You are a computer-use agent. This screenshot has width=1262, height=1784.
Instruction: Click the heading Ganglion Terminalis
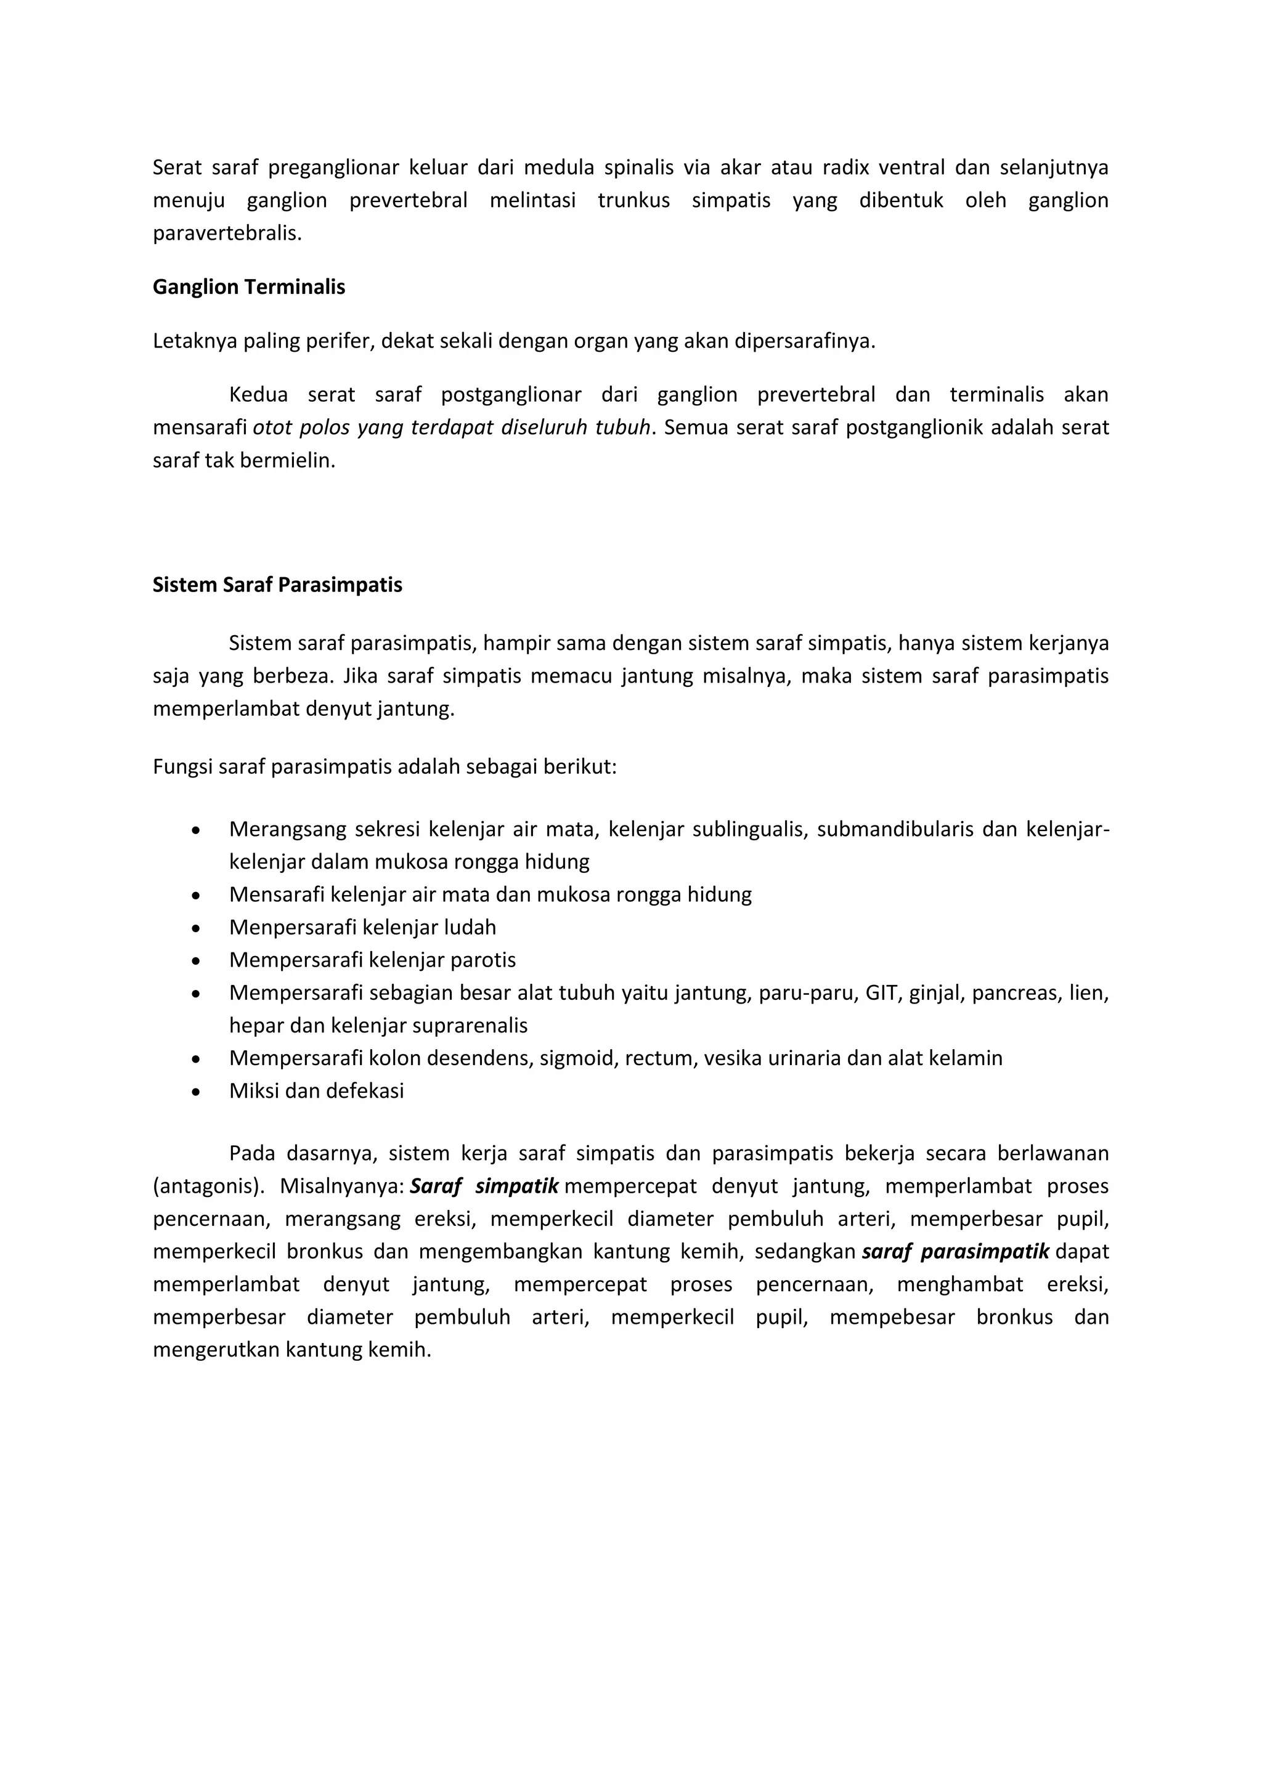click(x=249, y=288)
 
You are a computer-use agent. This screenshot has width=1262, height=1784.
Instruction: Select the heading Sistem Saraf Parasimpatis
click(x=277, y=585)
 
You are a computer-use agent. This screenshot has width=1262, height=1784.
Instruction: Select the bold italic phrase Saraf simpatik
click(x=484, y=1186)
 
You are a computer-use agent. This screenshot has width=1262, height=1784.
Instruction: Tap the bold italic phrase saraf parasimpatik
click(x=955, y=1252)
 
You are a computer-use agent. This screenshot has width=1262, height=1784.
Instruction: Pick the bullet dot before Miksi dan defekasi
click(x=196, y=1092)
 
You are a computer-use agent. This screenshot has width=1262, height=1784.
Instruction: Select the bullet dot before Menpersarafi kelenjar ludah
click(x=196, y=928)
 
